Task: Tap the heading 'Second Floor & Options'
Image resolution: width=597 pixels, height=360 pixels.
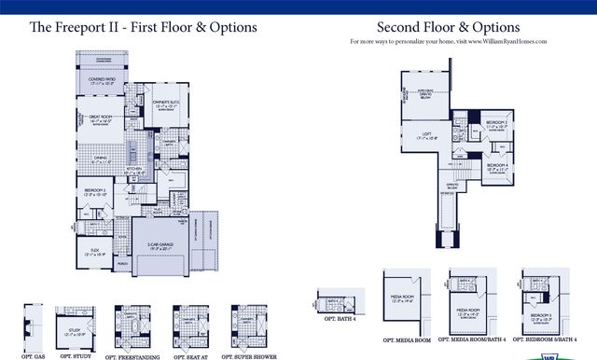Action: [448, 27]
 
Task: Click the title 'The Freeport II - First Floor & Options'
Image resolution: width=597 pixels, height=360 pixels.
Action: [143, 28]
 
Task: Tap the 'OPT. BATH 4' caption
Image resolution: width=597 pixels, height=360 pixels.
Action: [340, 318]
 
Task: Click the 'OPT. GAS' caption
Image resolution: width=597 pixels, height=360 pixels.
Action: [33, 355]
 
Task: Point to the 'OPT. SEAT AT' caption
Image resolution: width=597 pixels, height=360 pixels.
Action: [190, 355]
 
